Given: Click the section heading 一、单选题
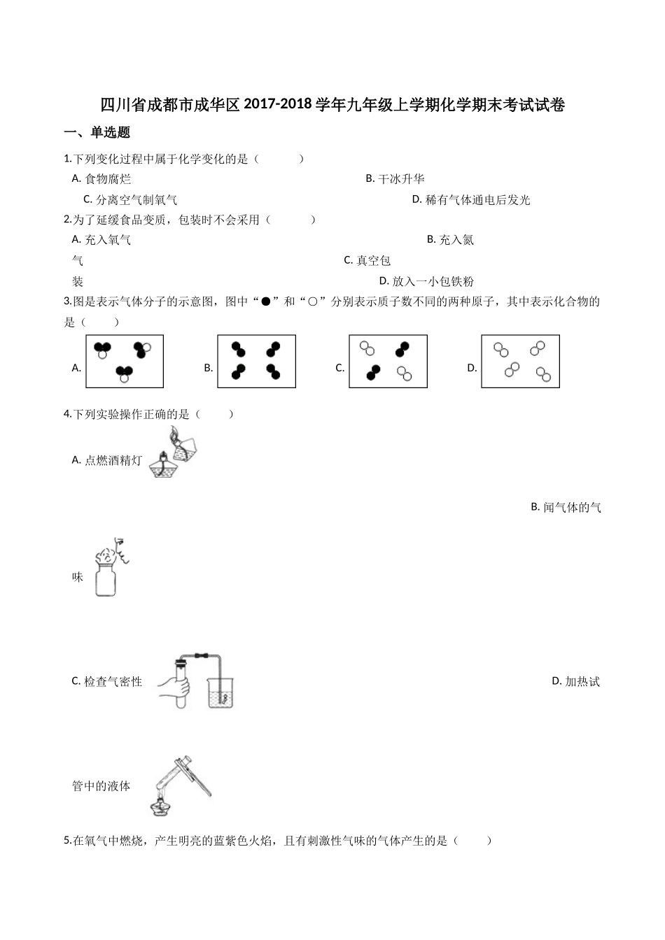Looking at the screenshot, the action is click(x=97, y=133).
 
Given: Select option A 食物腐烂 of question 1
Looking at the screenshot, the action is click(x=101, y=179).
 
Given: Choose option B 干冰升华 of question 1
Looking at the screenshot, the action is click(x=395, y=179).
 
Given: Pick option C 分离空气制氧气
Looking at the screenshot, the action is click(x=130, y=200).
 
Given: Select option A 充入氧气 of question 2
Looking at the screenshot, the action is click(x=101, y=240).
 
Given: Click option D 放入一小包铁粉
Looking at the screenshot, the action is click(x=426, y=281).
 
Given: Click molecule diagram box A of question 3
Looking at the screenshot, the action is click(x=125, y=361).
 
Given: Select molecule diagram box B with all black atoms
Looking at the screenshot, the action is click(x=256, y=361).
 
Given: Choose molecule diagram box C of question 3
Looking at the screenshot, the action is click(x=388, y=361).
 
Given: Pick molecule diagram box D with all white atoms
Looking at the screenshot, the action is click(x=520, y=361).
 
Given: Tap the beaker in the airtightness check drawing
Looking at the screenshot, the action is click(x=220, y=692).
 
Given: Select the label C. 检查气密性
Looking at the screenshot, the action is click(x=107, y=681).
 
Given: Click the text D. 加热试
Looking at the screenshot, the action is click(x=575, y=681).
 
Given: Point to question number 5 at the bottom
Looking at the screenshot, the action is click(x=66, y=841).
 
